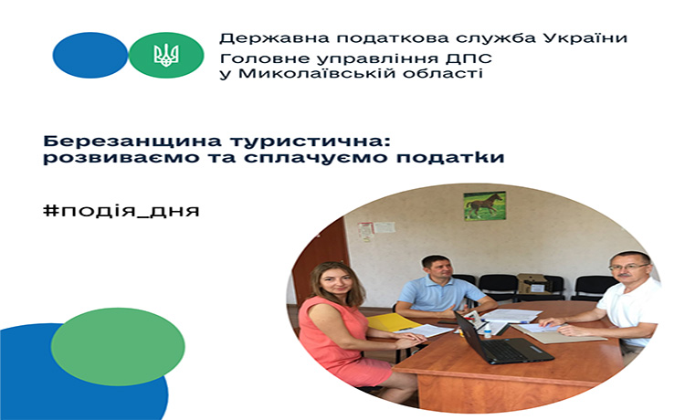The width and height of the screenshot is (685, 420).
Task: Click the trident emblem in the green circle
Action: click(x=166, y=55)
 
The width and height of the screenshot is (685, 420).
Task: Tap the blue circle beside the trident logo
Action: click(x=90, y=55)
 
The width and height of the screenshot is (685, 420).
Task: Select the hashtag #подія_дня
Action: click(x=121, y=210)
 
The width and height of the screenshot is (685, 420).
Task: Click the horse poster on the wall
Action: click(x=484, y=205)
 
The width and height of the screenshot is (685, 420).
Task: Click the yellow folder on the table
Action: click(x=392, y=322)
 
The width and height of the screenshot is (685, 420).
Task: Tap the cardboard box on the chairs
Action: click(x=532, y=283)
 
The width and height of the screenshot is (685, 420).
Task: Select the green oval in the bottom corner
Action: click(x=118, y=347)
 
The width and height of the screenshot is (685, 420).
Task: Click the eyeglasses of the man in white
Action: click(x=628, y=267)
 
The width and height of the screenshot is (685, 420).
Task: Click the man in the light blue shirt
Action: click(x=441, y=289)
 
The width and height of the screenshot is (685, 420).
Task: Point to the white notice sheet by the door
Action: click(x=385, y=227)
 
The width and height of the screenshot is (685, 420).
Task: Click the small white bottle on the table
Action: click(x=488, y=330)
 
